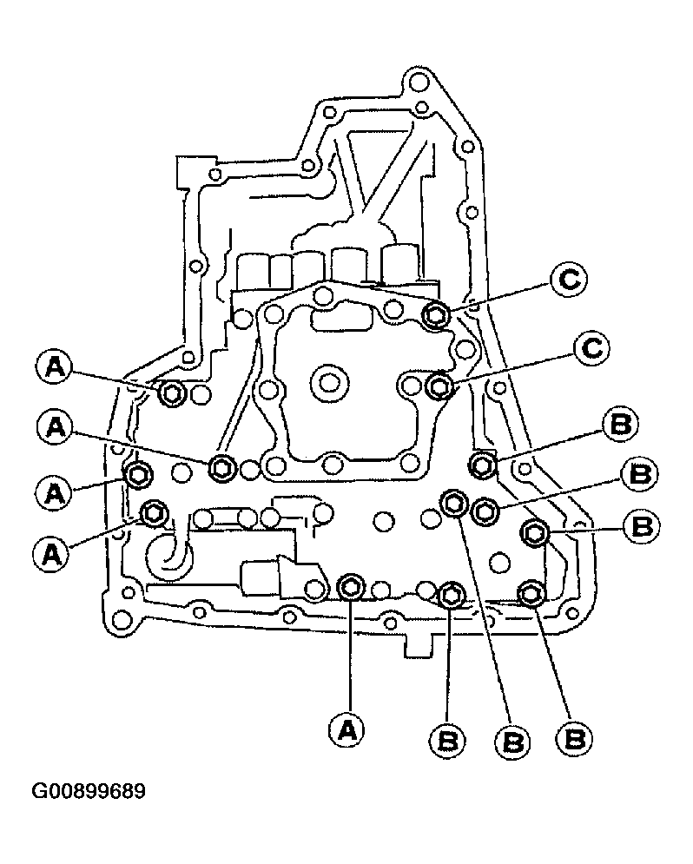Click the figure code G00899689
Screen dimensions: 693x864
pos(89,791)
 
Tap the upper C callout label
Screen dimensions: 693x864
pos(568,280)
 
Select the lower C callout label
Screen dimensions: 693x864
pos(591,349)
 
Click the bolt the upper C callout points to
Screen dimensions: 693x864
pos(436,314)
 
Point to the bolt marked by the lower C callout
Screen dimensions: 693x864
pos(439,386)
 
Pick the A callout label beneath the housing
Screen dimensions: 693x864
pos(348,730)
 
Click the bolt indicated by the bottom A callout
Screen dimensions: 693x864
pos(350,587)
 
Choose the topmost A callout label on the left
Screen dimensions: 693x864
pos(54,367)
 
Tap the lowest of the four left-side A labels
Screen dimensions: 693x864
pos(52,552)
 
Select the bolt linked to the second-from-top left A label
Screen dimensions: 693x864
pos(222,468)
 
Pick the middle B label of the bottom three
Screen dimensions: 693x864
pos(512,742)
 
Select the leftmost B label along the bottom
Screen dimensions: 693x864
pos(447,741)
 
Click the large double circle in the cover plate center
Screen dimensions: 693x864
pos(329,382)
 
